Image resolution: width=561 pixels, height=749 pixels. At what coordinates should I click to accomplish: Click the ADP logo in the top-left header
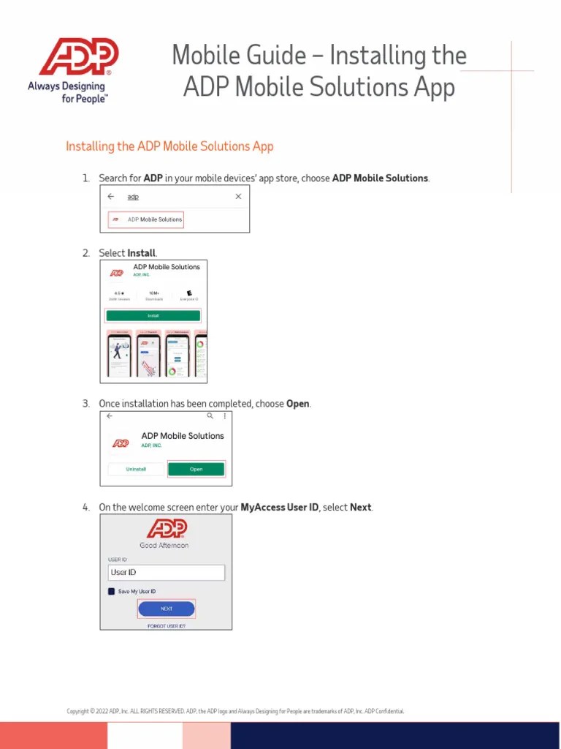79,57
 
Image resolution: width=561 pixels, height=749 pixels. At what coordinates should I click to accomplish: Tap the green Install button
153,316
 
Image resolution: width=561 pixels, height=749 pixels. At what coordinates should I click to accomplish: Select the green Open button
196,470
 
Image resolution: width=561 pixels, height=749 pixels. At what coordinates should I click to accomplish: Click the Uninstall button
137,470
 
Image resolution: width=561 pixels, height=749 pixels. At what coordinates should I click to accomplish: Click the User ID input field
166,572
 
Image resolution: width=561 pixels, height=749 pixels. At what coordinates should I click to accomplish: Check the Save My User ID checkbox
112,591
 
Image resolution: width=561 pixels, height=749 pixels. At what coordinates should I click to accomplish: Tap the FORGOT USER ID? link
166,626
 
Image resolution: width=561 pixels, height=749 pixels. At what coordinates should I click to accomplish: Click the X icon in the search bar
238,197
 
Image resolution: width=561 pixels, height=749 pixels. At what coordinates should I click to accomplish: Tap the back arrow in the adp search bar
111,197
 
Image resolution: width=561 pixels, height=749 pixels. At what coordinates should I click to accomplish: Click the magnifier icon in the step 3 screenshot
210,415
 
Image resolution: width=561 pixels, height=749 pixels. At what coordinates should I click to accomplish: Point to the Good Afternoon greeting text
164,545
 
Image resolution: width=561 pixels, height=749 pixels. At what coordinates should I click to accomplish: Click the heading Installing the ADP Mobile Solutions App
169,146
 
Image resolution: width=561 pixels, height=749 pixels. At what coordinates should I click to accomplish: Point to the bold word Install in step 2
142,253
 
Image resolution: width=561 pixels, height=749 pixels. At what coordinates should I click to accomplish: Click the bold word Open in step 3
298,404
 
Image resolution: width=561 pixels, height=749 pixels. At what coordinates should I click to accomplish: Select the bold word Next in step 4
361,508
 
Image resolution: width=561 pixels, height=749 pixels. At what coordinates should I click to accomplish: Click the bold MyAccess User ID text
280,508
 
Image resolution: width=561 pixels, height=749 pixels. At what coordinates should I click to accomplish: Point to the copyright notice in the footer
235,711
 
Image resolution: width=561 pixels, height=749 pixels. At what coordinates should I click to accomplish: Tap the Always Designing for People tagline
68,92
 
